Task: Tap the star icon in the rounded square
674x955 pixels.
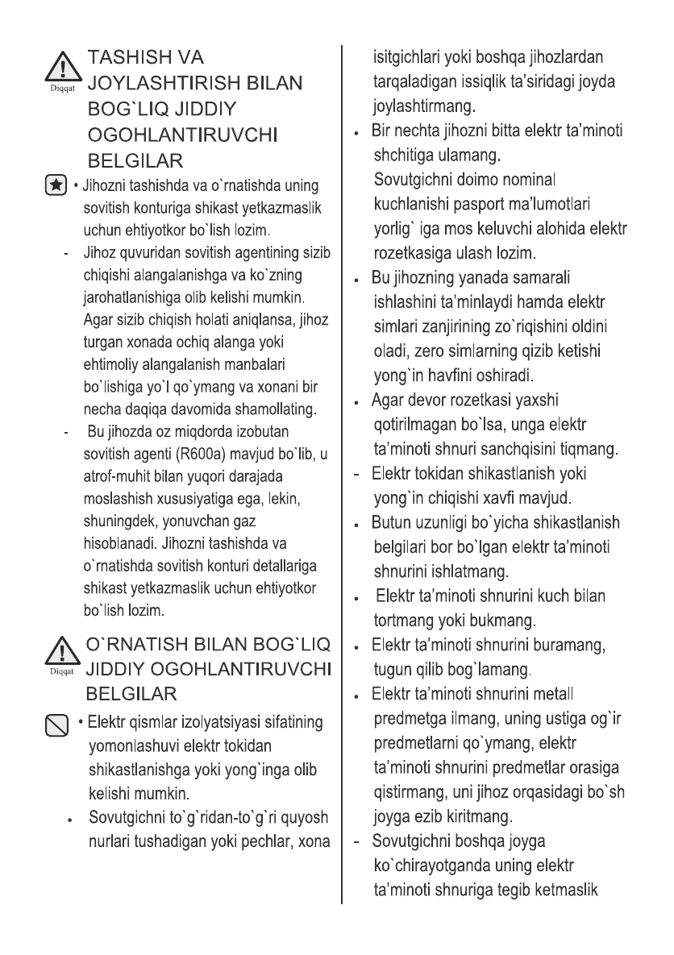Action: (56, 186)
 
